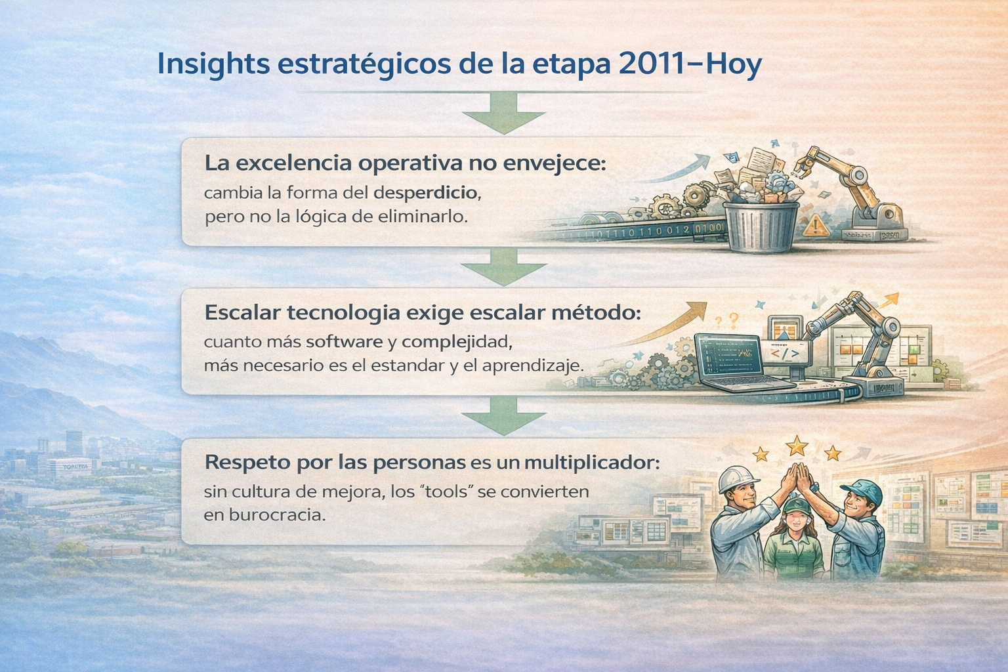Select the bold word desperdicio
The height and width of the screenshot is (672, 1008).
[x=425, y=193]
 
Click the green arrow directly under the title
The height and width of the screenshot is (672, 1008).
[x=504, y=112]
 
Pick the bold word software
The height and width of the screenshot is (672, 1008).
[x=345, y=342]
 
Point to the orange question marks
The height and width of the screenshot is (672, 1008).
[x=727, y=321]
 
